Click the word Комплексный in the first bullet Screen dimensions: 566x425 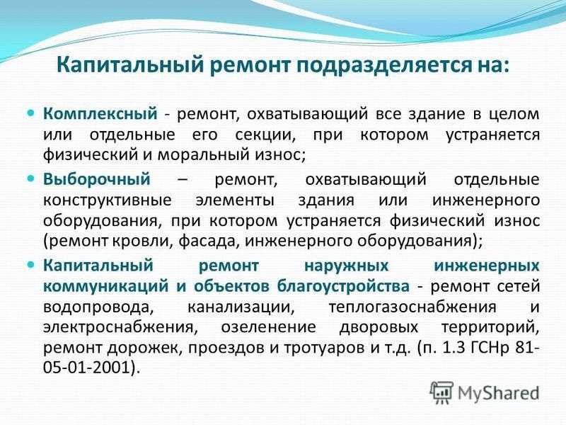pos(100,114)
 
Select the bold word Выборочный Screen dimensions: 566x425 pos(97,180)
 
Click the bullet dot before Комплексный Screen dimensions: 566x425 pos(31,113)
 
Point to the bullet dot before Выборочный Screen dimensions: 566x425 pos(31,178)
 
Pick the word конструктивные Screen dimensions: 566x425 pos(108,200)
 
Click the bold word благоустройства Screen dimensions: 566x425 pos(343,286)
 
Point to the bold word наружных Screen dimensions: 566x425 pos(347,266)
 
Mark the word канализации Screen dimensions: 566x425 pos(241,307)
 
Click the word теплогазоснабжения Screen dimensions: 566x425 pos(412,307)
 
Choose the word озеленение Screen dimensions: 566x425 pos(268,327)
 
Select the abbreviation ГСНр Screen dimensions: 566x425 pos(488,348)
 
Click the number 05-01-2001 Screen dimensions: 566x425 pos(86,368)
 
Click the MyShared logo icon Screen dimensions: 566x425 pos(441,392)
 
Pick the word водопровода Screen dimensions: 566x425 pos(96,307)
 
